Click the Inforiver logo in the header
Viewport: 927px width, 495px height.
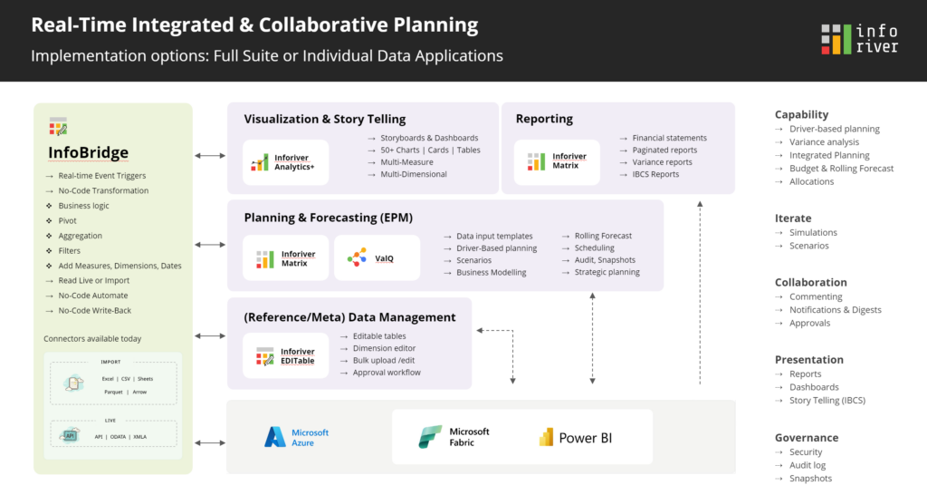[x=859, y=40]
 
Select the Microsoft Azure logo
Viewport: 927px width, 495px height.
[x=296, y=437]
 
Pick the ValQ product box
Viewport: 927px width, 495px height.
[x=377, y=257]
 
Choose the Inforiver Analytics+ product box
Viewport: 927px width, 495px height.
[x=285, y=162]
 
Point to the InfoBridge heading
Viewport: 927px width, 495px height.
[x=88, y=152]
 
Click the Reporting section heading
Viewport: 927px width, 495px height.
[x=544, y=119]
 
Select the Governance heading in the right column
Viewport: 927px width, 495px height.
[x=807, y=437]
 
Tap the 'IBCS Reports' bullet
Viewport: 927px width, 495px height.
[x=655, y=174]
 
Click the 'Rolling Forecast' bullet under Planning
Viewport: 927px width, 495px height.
[x=603, y=236]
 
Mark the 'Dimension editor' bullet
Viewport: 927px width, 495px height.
[x=385, y=348]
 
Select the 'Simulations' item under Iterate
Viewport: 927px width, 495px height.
[x=813, y=232]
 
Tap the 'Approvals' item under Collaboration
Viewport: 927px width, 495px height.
[x=809, y=323]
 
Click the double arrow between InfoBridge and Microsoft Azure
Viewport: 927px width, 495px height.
[x=210, y=442]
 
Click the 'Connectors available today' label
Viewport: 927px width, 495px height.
[x=92, y=339]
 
